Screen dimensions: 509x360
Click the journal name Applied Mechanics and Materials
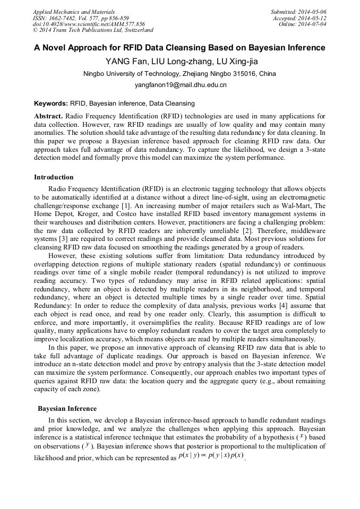click(74, 11)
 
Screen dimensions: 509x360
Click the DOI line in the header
click(89, 24)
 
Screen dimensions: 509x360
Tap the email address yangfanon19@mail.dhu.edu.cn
click(180, 84)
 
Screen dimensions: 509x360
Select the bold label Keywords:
click(51, 103)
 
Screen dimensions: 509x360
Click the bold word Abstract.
click(48, 116)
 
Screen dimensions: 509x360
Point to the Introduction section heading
click(54, 177)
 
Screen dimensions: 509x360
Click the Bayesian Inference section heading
click(67, 409)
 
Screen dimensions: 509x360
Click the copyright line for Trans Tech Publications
click(93, 30)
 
